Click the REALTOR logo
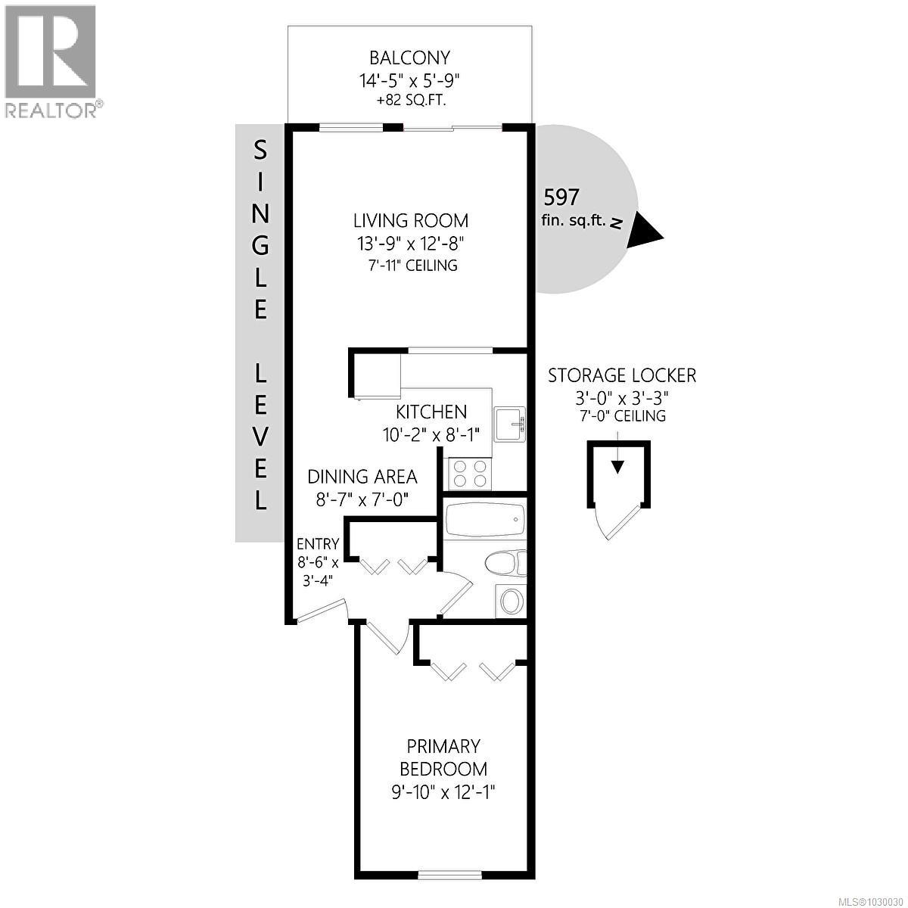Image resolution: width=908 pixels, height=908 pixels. click(51, 61)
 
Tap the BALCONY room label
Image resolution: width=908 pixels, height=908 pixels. click(409, 58)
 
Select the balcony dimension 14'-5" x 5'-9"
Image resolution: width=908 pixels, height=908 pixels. click(409, 79)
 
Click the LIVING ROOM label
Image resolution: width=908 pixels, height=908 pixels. click(411, 220)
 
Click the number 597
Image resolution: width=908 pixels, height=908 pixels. click(561, 197)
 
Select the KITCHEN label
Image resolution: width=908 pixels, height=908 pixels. click(431, 412)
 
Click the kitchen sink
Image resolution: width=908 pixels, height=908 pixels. click(508, 423)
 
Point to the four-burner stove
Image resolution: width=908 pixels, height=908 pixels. click(470, 474)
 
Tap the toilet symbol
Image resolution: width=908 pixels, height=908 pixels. click(502, 563)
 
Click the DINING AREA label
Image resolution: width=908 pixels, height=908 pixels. click(362, 477)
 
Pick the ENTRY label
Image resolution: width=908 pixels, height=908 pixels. click(317, 544)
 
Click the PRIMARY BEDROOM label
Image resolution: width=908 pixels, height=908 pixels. click(443, 757)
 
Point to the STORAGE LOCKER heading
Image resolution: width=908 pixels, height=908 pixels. click(621, 375)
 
